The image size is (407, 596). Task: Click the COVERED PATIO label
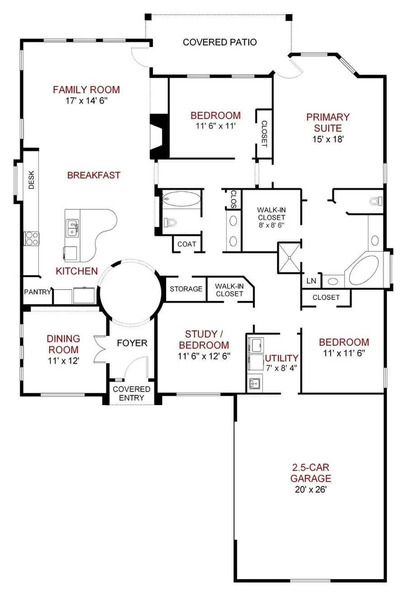click(x=220, y=42)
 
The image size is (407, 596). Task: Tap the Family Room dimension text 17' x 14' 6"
click(x=86, y=100)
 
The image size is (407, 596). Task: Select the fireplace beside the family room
click(x=160, y=137)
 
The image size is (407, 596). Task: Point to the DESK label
click(x=31, y=180)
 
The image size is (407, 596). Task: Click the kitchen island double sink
click(x=72, y=228)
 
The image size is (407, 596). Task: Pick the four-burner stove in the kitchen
click(x=31, y=238)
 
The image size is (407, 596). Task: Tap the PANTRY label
click(x=38, y=292)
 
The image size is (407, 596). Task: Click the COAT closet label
click(x=187, y=244)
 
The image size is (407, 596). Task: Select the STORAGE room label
click(x=186, y=289)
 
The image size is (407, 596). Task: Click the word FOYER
click(x=132, y=343)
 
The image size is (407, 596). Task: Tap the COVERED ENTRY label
click(x=132, y=393)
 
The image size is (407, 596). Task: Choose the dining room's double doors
click(x=100, y=349)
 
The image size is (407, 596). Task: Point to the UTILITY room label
click(x=281, y=358)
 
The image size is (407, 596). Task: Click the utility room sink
click(x=255, y=383)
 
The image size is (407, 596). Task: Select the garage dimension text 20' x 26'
click(x=311, y=490)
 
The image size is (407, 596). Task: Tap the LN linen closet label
click(x=311, y=281)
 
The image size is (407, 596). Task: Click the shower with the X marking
click(x=289, y=258)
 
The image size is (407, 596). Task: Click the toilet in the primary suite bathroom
click(x=376, y=201)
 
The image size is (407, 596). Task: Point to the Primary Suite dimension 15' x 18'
click(x=328, y=139)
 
